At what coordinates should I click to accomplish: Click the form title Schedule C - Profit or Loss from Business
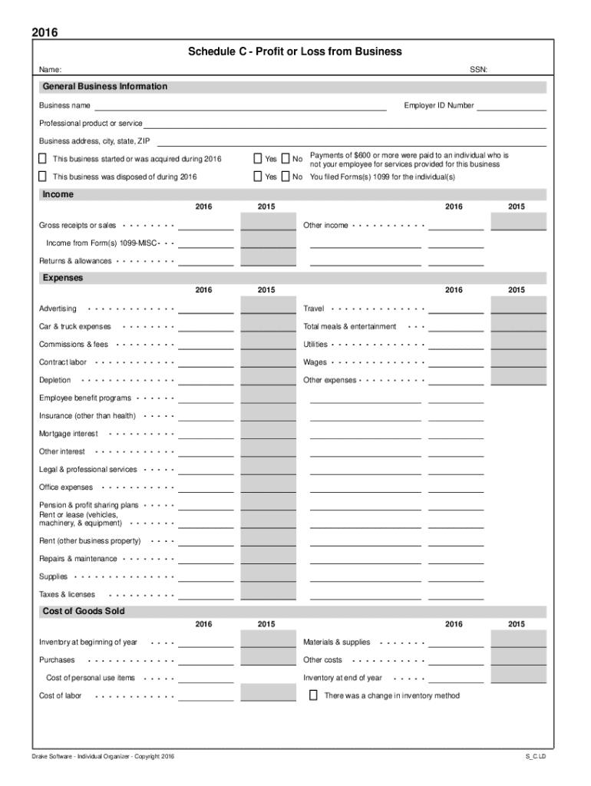click(295, 52)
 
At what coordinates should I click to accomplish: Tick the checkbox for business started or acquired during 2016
click(43, 159)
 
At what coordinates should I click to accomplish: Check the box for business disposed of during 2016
click(43, 177)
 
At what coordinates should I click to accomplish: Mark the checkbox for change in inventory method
click(313, 695)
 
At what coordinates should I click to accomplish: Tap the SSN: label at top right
click(478, 70)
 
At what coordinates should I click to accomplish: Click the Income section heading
click(58, 195)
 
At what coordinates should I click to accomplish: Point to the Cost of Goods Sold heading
click(84, 612)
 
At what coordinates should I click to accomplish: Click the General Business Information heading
click(104, 87)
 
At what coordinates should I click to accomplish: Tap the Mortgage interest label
click(68, 434)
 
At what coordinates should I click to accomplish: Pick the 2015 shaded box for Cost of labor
click(267, 692)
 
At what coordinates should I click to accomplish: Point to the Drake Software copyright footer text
click(104, 757)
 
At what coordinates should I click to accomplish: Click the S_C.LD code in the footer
click(535, 757)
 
